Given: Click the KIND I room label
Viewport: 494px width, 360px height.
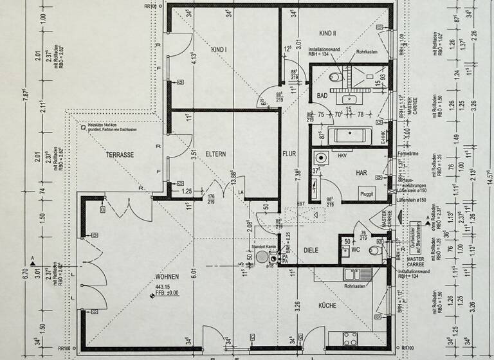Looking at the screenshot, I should tap(219, 50).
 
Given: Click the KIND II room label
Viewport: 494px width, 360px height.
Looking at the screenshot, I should tap(330, 32).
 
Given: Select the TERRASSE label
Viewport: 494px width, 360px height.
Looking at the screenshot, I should tap(120, 155).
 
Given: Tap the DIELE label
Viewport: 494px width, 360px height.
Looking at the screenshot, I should tap(312, 250).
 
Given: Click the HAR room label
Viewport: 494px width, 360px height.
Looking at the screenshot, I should tap(361, 172).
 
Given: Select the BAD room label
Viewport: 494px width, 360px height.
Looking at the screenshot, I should tap(322, 96).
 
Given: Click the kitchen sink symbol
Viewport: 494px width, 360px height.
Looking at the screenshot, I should tap(351, 275).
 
